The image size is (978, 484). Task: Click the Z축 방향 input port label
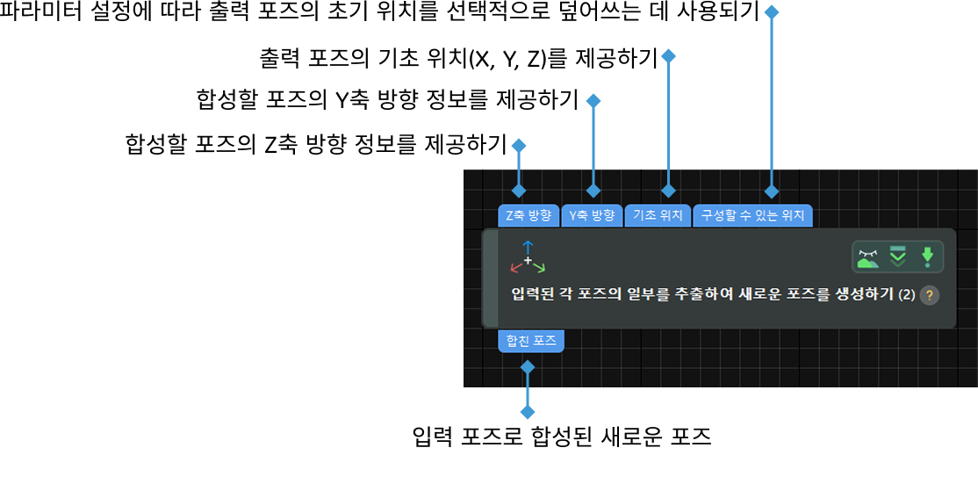point(529,216)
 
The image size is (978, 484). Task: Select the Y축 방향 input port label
point(592,216)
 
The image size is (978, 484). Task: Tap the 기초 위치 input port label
point(658,216)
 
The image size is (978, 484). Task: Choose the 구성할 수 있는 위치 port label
point(752,216)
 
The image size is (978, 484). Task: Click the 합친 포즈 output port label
point(531,341)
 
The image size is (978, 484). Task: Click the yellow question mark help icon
point(929,295)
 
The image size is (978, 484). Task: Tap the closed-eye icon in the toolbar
point(867,257)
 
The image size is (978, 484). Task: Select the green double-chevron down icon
point(897,256)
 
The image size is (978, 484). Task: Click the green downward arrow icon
point(927,257)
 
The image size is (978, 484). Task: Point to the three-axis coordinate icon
point(528,257)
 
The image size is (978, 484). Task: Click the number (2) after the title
point(906,295)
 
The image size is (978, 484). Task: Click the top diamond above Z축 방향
point(519,146)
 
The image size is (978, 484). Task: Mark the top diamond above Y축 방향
point(593,101)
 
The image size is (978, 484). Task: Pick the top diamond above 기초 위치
point(668,56)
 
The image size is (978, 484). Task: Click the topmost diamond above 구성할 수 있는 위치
point(772,12)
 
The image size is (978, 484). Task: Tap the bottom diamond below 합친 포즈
point(528,412)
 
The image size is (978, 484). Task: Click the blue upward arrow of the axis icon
point(528,246)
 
